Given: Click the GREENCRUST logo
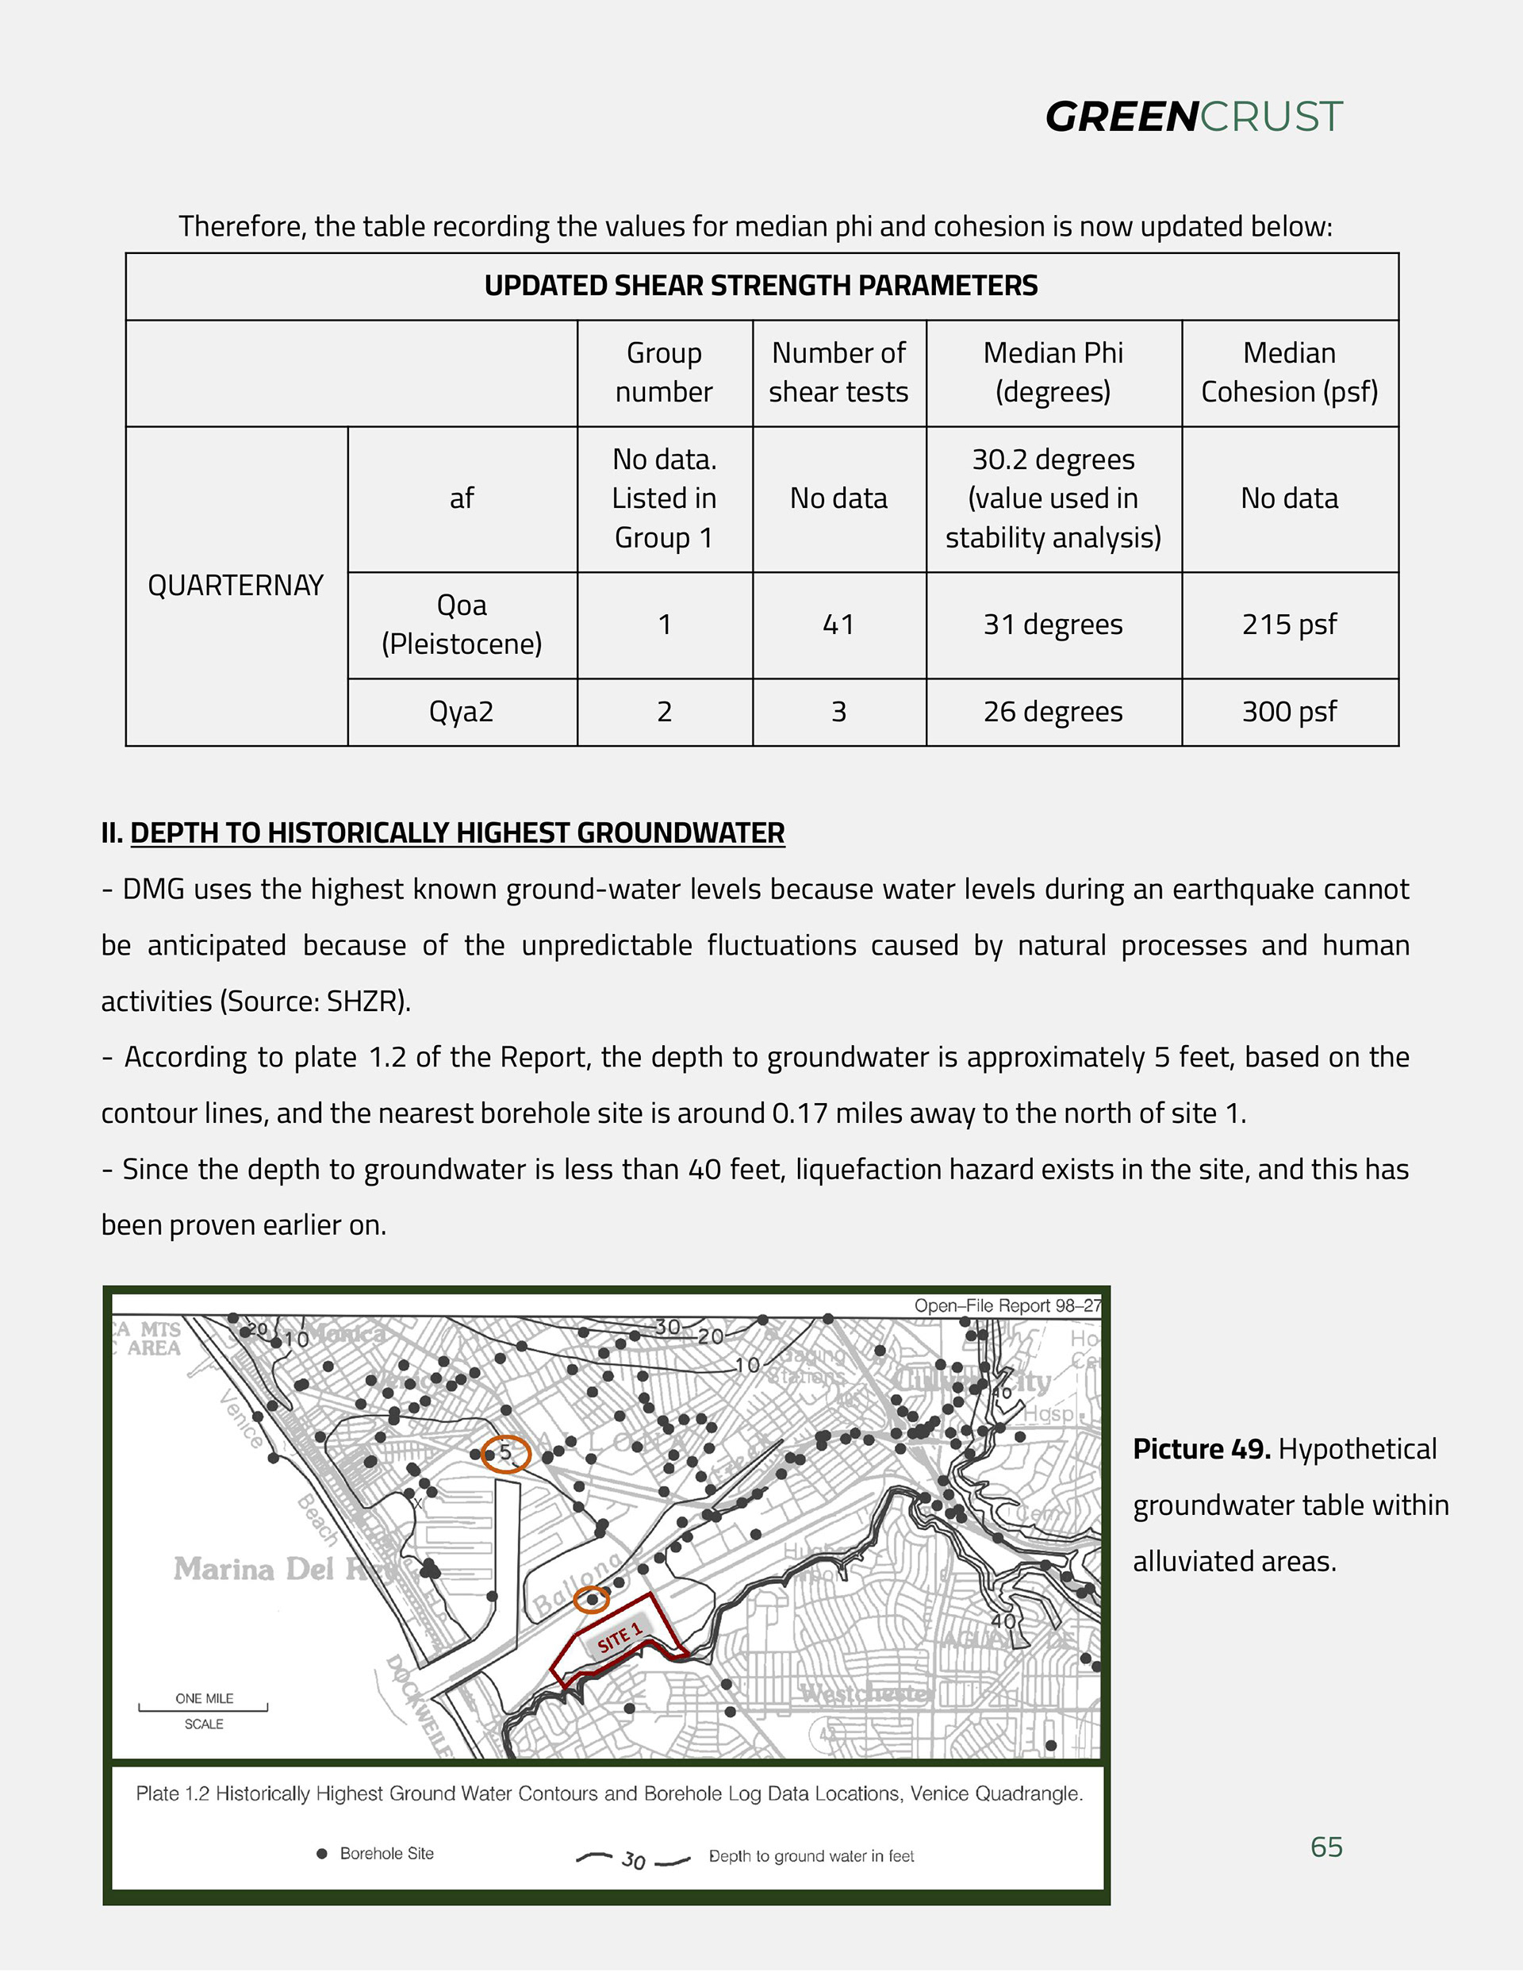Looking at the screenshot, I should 1194,117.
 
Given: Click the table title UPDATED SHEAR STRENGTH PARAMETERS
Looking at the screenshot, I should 761,286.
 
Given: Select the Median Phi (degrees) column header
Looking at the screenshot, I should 1053,372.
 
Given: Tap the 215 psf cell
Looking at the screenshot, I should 1289,625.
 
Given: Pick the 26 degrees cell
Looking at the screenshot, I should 1053,713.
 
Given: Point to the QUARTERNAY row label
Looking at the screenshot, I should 236,586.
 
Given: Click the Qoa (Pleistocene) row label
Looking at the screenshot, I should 462,625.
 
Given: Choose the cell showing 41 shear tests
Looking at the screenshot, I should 838,625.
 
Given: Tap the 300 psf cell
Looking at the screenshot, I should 1289,713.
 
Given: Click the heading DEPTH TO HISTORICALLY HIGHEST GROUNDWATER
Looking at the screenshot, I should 457,832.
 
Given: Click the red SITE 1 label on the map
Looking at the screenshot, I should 620,1636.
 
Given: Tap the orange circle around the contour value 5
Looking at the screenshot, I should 505,1454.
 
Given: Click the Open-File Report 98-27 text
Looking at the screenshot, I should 1007,1305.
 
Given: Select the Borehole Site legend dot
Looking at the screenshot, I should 322,1854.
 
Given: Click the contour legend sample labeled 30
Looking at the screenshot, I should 633,1860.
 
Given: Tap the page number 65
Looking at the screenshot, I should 1326,1847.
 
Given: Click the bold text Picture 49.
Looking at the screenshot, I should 1202,1449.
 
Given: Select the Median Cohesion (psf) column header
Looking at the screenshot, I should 1289,372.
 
